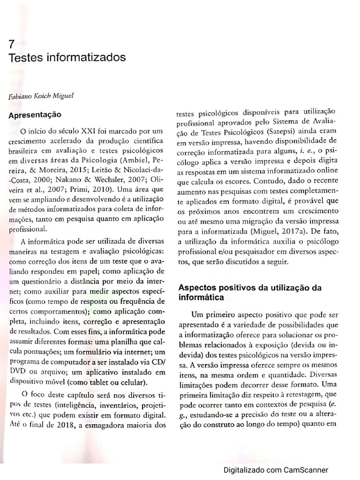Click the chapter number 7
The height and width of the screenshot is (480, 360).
[12, 45]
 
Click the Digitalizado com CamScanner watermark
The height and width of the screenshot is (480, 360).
[276, 470]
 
